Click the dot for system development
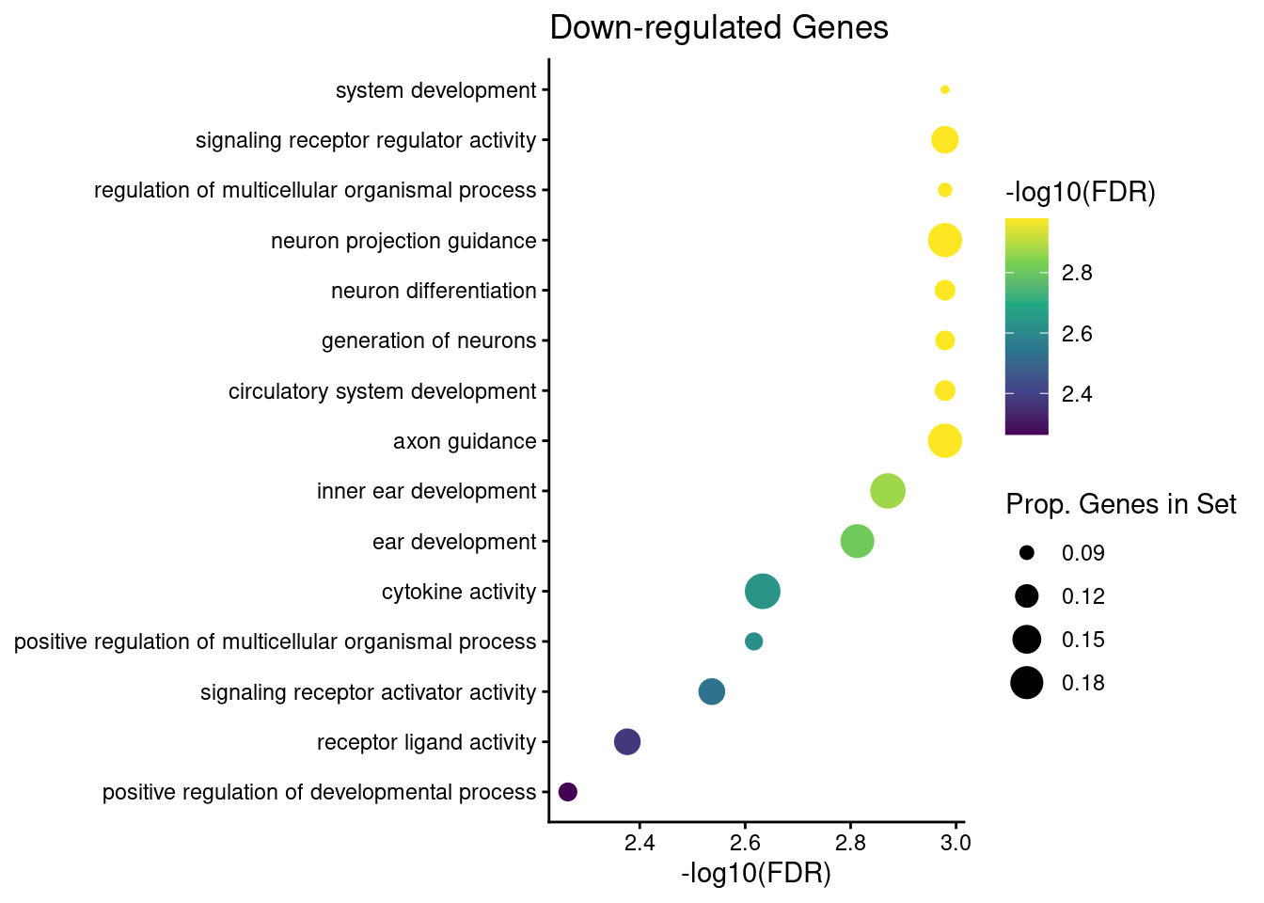point(945,90)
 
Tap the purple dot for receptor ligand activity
point(627,742)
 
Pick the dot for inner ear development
point(888,491)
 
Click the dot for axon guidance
point(945,441)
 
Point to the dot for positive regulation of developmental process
point(568,792)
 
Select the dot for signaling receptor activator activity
point(712,692)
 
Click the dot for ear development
point(857,542)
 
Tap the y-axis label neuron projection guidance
point(403,241)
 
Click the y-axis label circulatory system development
point(382,391)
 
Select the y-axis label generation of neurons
point(429,341)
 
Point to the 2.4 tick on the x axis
point(640,842)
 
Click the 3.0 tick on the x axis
point(956,842)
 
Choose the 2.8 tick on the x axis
point(850,842)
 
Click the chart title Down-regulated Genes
point(719,28)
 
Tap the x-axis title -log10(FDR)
point(756,875)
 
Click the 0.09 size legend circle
point(1026,553)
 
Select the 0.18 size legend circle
point(1026,683)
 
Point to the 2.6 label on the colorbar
point(1077,334)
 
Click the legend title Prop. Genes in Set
point(1121,505)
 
